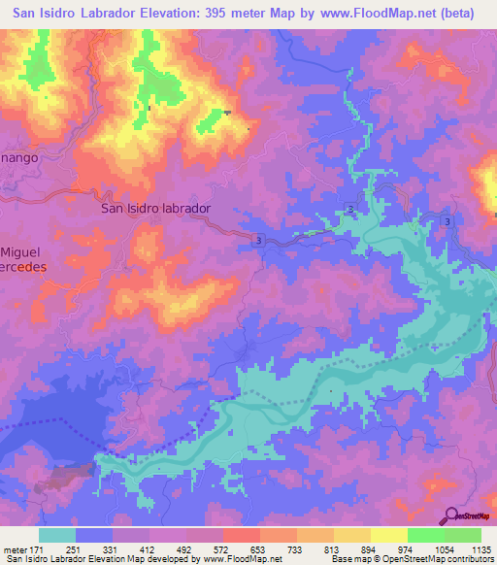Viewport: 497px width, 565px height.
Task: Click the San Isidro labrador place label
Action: point(156,208)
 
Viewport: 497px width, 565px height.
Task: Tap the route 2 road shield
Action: point(348,211)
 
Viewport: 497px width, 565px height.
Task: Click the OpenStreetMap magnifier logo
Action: point(452,516)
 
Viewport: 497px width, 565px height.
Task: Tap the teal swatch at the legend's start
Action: point(56,535)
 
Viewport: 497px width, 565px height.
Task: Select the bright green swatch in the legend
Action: point(426,535)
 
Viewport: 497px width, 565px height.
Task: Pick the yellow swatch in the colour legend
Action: point(388,535)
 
